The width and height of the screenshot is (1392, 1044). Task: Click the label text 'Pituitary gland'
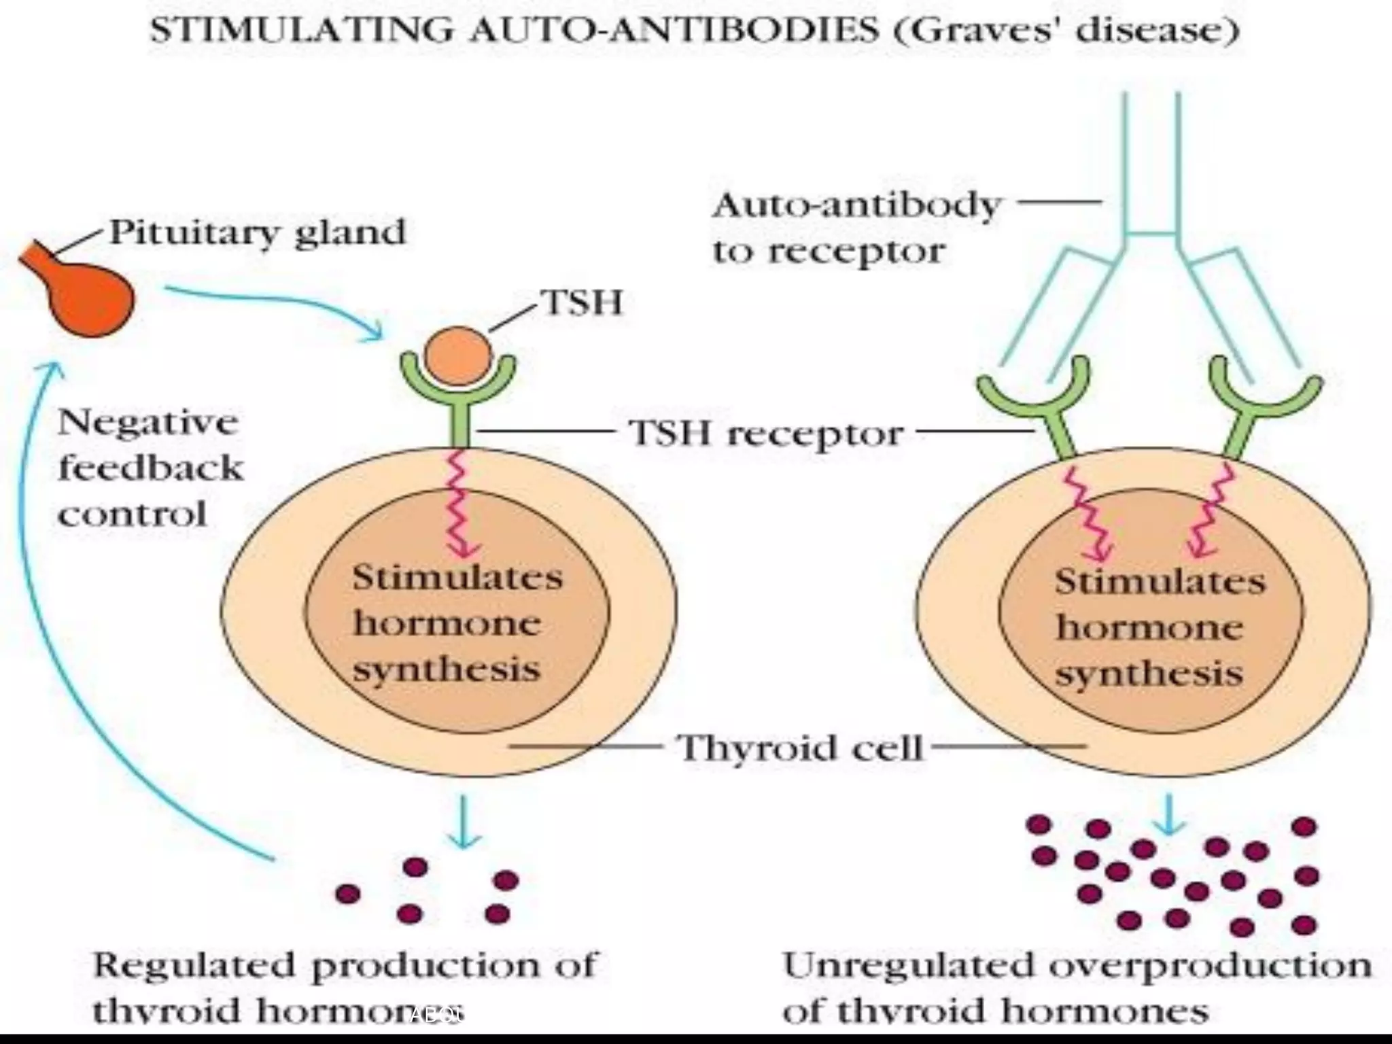coord(258,233)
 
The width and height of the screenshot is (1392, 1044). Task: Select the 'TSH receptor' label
coord(766,433)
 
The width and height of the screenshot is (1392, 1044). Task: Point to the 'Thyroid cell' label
coord(801,748)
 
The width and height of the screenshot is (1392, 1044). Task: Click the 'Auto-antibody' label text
coord(856,205)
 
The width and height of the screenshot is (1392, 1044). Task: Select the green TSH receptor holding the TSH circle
coord(460,415)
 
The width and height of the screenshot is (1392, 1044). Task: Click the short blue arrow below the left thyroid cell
coord(463,822)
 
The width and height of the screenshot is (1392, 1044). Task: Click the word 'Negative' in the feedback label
coord(147,423)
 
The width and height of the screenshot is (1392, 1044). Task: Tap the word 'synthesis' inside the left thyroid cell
coord(447,670)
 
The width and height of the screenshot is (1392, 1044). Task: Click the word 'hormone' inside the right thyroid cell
coord(1149,627)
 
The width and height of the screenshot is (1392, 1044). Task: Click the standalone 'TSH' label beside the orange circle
coord(581,302)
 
